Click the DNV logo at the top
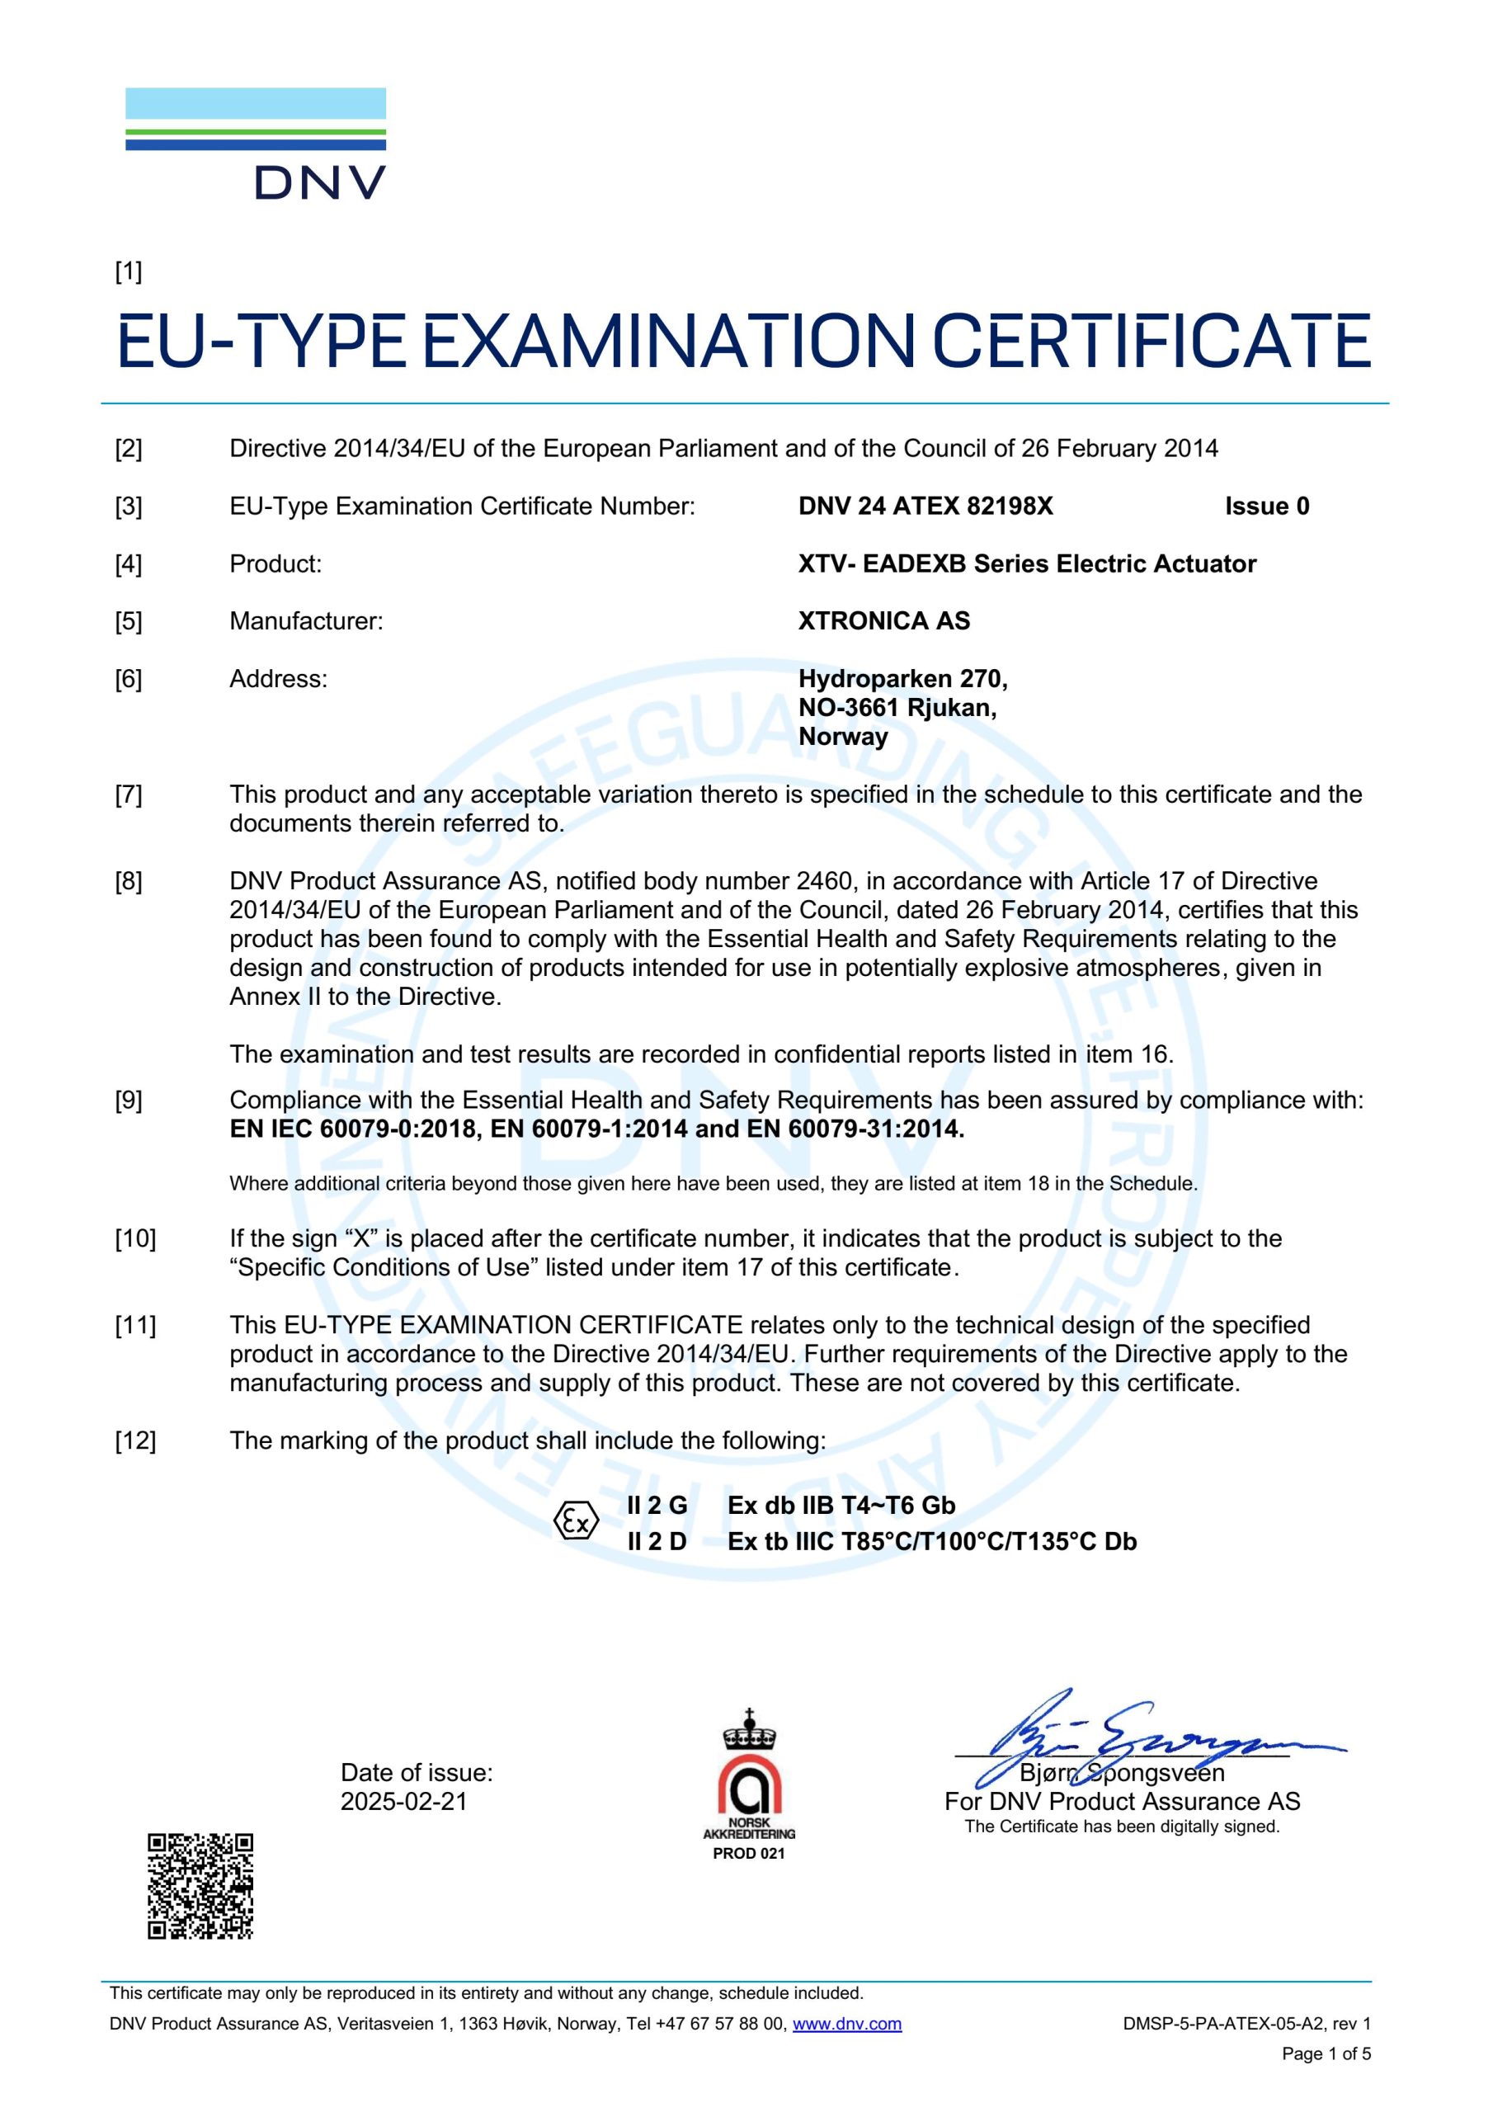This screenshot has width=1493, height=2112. (256, 144)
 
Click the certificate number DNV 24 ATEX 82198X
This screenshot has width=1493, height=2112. (925, 506)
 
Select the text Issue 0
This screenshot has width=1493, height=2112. (1266, 506)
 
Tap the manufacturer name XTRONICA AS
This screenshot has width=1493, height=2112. (883, 621)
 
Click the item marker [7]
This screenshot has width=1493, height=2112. (129, 794)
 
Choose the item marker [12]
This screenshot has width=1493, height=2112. (135, 1440)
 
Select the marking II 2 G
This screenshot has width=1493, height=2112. (657, 1505)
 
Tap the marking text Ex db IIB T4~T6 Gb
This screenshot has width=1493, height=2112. (841, 1505)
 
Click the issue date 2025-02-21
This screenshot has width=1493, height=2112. (404, 1801)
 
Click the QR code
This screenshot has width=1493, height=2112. (200, 1886)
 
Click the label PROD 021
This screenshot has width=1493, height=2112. (749, 1854)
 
